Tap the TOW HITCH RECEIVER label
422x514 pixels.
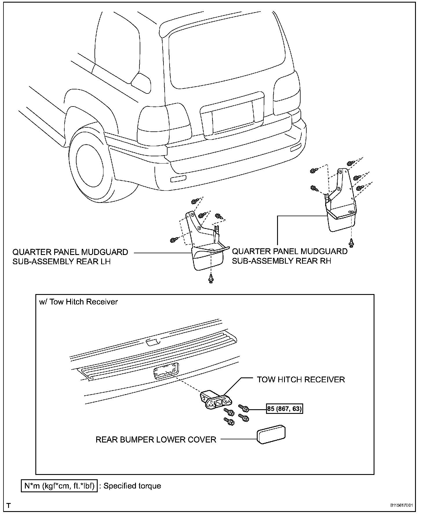coord(301,379)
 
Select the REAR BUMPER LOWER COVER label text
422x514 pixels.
coord(156,440)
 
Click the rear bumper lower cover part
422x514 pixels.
coord(271,434)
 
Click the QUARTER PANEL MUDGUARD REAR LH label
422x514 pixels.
coord(70,256)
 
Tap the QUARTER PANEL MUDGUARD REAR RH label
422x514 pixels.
coord(290,256)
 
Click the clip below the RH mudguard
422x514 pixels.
coord(352,243)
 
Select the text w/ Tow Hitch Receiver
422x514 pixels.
coord(79,302)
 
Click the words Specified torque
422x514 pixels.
coord(132,486)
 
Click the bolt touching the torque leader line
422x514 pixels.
coord(244,408)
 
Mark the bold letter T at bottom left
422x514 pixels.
coord(9,506)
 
